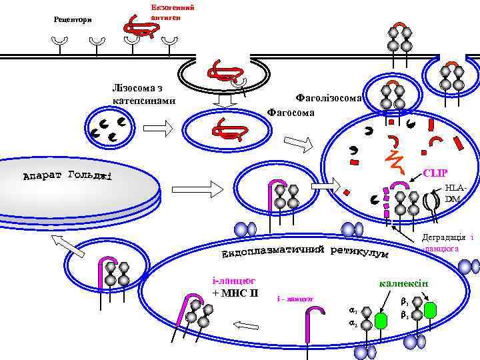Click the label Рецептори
point(73,18)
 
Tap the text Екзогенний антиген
point(172,11)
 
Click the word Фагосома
point(291,111)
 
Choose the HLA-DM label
point(453,194)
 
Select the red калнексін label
point(404,284)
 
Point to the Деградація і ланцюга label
point(448,243)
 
